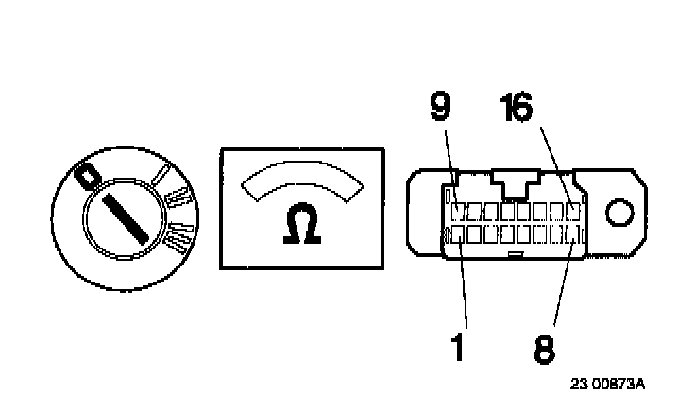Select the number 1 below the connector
coord(457,347)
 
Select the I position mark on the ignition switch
coord(162,176)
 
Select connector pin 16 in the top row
coord(573,209)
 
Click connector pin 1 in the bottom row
coord(458,232)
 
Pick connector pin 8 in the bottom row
coord(572,232)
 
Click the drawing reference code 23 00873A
coord(607,385)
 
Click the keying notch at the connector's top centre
coord(515,185)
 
